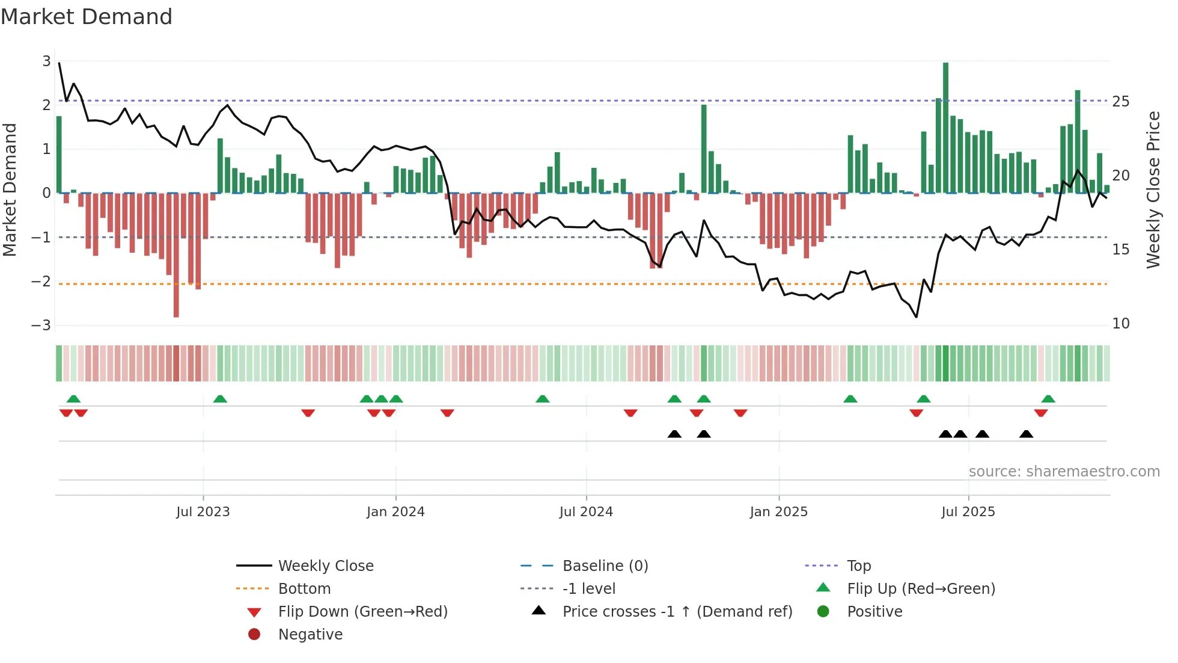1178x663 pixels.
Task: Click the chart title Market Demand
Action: point(87,17)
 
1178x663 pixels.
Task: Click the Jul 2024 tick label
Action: point(585,512)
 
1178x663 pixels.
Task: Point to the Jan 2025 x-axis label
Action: point(778,512)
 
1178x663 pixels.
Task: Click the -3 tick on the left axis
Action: point(41,325)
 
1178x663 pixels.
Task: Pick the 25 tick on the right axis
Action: point(1120,102)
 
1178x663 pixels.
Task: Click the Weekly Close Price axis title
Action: point(1153,190)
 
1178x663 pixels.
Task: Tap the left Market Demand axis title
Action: point(10,190)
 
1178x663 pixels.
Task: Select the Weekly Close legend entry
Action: point(325,566)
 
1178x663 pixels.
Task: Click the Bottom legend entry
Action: point(304,589)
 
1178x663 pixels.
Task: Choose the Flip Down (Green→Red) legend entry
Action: point(362,612)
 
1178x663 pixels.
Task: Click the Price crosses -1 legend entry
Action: point(677,612)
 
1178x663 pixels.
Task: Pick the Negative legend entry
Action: point(310,635)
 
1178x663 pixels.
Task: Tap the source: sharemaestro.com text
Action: point(1064,472)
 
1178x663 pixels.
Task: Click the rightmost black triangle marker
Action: point(1026,434)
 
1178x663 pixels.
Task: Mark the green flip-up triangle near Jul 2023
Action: point(220,399)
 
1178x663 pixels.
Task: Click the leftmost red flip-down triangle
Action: point(66,413)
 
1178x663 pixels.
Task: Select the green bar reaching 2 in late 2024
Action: point(704,149)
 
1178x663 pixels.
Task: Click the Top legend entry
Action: point(858,566)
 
